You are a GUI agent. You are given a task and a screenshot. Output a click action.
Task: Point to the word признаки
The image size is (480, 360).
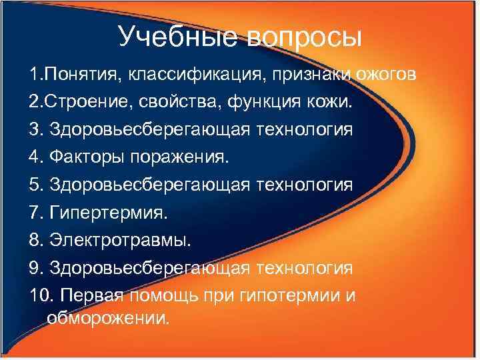pyautogui.click(x=305, y=73)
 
